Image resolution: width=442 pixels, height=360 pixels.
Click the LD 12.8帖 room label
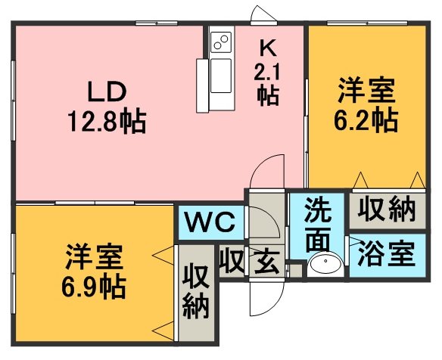click(107, 107)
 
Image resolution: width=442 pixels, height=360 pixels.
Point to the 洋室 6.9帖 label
click(94, 272)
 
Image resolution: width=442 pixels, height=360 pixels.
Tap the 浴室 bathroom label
click(387, 254)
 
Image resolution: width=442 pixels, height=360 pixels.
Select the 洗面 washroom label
click(318, 224)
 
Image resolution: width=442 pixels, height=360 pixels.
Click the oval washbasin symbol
click(325, 262)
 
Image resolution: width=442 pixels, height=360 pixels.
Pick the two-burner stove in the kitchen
click(221, 42)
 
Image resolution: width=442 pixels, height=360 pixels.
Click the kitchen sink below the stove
click(221, 76)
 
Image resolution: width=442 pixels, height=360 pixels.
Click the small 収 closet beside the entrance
click(232, 262)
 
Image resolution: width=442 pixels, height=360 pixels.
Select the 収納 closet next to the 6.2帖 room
click(387, 209)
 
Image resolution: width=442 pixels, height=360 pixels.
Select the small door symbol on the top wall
click(264, 14)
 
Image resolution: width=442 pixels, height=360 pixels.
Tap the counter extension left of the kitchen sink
click(202, 85)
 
